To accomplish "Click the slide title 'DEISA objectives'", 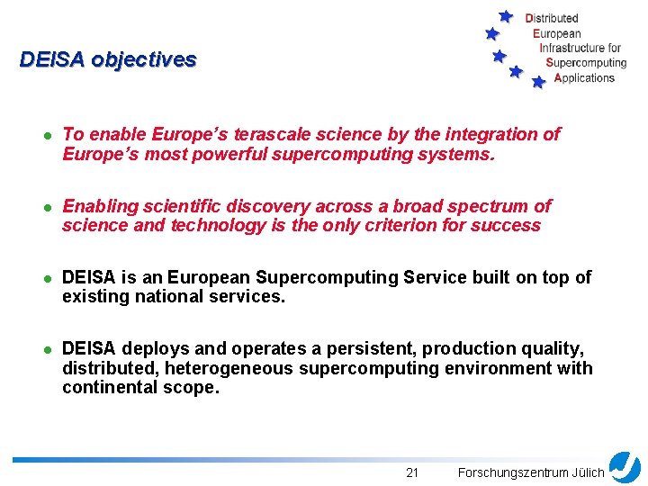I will (x=108, y=60).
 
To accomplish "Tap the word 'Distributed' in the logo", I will (x=552, y=18).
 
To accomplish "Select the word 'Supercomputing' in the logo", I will (x=586, y=63).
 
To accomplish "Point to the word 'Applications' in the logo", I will (x=584, y=78).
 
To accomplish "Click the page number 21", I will (x=412, y=472).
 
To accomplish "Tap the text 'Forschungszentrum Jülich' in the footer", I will (x=531, y=472).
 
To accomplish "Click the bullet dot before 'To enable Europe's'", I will (x=45, y=135).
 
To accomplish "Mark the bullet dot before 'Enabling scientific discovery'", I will (x=45, y=207).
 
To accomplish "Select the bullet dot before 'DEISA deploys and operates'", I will (x=45, y=349).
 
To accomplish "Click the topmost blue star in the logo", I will (x=506, y=16).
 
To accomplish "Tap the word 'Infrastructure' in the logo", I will (x=571, y=48).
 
